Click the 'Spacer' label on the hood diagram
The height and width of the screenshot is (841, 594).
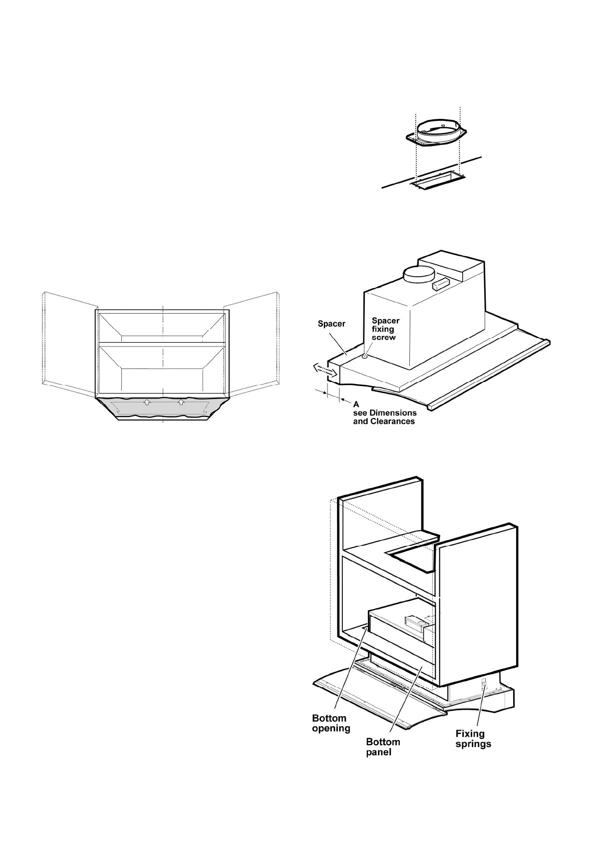click(331, 324)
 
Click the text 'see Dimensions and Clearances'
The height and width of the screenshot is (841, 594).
click(384, 417)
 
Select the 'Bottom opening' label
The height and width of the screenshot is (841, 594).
click(331, 723)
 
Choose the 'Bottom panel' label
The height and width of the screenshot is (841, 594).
click(383, 747)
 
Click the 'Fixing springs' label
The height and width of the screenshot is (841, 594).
click(473, 739)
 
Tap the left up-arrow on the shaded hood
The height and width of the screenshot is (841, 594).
click(147, 402)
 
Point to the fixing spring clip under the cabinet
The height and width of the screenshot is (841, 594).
click(483, 685)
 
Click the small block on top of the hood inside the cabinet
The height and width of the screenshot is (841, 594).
click(416, 622)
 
